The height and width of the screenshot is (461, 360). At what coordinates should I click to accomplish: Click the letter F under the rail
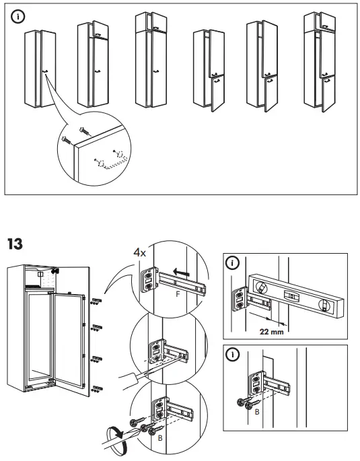tap(177, 294)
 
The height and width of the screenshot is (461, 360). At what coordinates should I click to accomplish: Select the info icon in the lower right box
tap(232, 355)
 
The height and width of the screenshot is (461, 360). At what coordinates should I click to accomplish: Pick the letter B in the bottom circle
tap(159, 437)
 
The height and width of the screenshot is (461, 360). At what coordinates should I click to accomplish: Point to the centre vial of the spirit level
tap(291, 295)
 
